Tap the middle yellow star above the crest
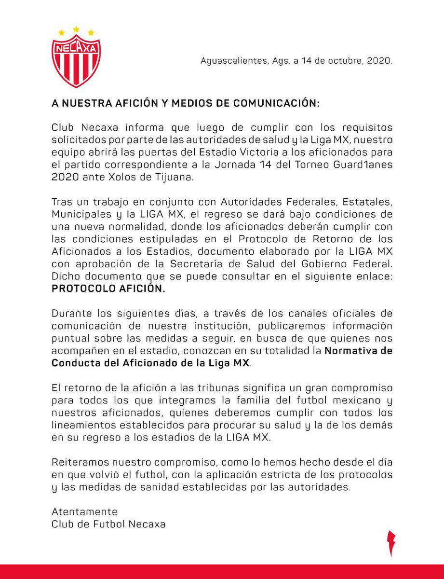coord(76,29)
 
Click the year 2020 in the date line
coord(379,62)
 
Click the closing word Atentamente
coord(84,511)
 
